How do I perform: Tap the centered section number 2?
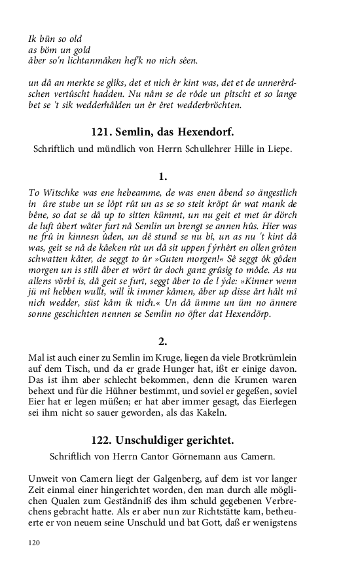tap(163, 341)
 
